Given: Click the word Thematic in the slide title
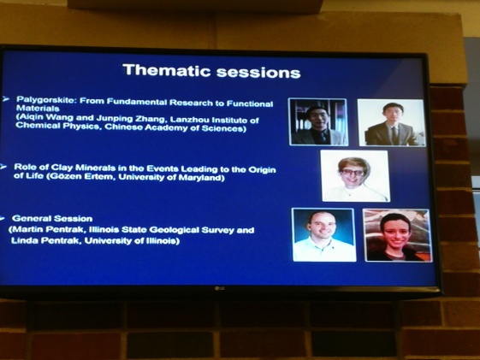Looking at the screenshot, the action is pyautogui.click(x=167, y=70).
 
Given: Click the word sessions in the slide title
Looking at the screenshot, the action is pyautogui.click(x=258, y=73).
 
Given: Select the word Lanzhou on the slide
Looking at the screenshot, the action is pyautogui.click(x=189, y=119).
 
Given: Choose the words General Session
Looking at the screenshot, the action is pyautogui.click(x=52, y=218).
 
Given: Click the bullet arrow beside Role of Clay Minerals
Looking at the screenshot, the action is pyautogui.click(x=3, y=167).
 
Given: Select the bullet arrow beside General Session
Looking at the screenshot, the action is pyautogui.click(x=2, y=218).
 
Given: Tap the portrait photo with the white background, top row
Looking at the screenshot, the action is pyautogui.click(x=391, y=122).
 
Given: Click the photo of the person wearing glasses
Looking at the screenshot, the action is pyautogui.click(x=355, y=175).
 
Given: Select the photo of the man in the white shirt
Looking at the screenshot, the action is pyautogui.click(x=324, y=234).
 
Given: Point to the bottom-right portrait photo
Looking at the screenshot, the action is pyautogui.click(x=397, y=235).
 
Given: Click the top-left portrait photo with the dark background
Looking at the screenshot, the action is pyautogui.click(x=318, y=121).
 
